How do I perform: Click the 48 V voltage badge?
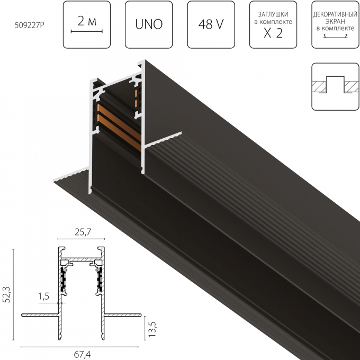[x=210, y=25]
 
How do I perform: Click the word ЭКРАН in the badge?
[x=335, y=21]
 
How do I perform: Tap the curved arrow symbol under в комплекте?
[x=335, y=36]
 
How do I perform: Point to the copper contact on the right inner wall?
[x=136, y=98]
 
